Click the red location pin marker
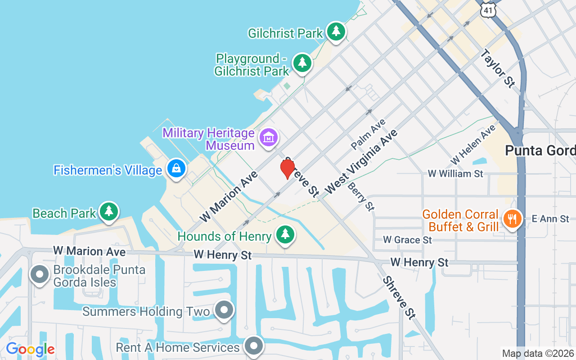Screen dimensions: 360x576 click(288, 169)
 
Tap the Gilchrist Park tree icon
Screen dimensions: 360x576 click(336, 31)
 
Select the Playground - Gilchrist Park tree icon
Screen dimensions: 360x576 click(302, 63)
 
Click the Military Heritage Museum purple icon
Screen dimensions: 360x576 click(269, 138)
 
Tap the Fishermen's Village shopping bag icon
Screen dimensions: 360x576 click(176, 169)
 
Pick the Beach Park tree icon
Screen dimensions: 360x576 click(108, 211)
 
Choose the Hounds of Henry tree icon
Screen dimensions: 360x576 click(285, 234)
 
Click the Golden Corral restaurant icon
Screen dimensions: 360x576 click(512, 219)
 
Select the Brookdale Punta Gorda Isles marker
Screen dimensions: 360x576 click(40, 274)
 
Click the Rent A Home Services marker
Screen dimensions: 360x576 click(254, 346)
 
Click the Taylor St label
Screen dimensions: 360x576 click(497, 68)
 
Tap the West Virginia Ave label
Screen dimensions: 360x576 click(361, 162)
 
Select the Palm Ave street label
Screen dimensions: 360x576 click(368, 134)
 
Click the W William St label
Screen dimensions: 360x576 click(455, 173)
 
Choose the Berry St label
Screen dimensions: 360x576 click(361, 196)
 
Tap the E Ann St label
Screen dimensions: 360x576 click(550, 219)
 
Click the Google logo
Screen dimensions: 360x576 click(31, 349)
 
